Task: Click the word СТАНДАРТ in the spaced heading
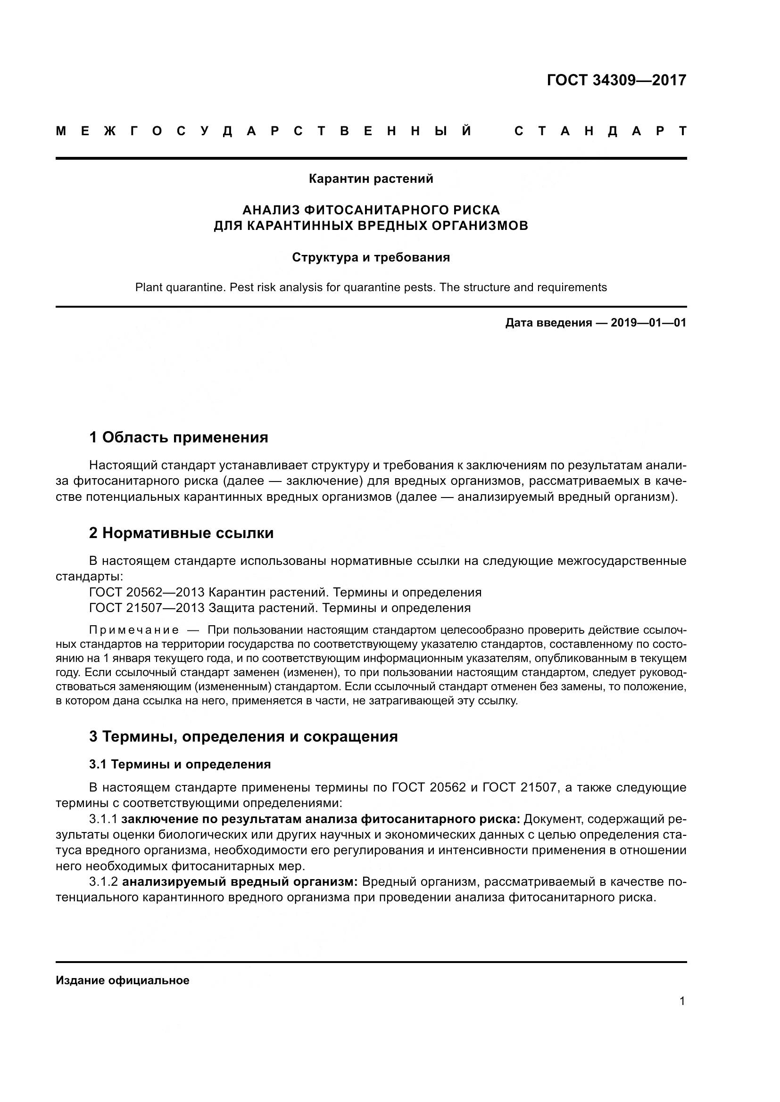[600, 131]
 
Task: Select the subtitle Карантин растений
[371, 179]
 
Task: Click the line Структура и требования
[371, 258]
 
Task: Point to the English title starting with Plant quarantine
[371, 287]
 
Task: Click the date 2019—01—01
[648, 323]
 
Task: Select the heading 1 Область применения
[178, 437]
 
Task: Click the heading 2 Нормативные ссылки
[181, 533]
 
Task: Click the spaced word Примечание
[134, 630]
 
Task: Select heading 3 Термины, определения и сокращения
[243, 736]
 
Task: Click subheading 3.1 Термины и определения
[180, 765]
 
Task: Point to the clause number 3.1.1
[103, 819]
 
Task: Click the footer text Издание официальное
[123, 980]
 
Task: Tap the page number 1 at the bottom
[682, 1001]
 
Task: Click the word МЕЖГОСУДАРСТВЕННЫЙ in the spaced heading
[264, 131]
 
